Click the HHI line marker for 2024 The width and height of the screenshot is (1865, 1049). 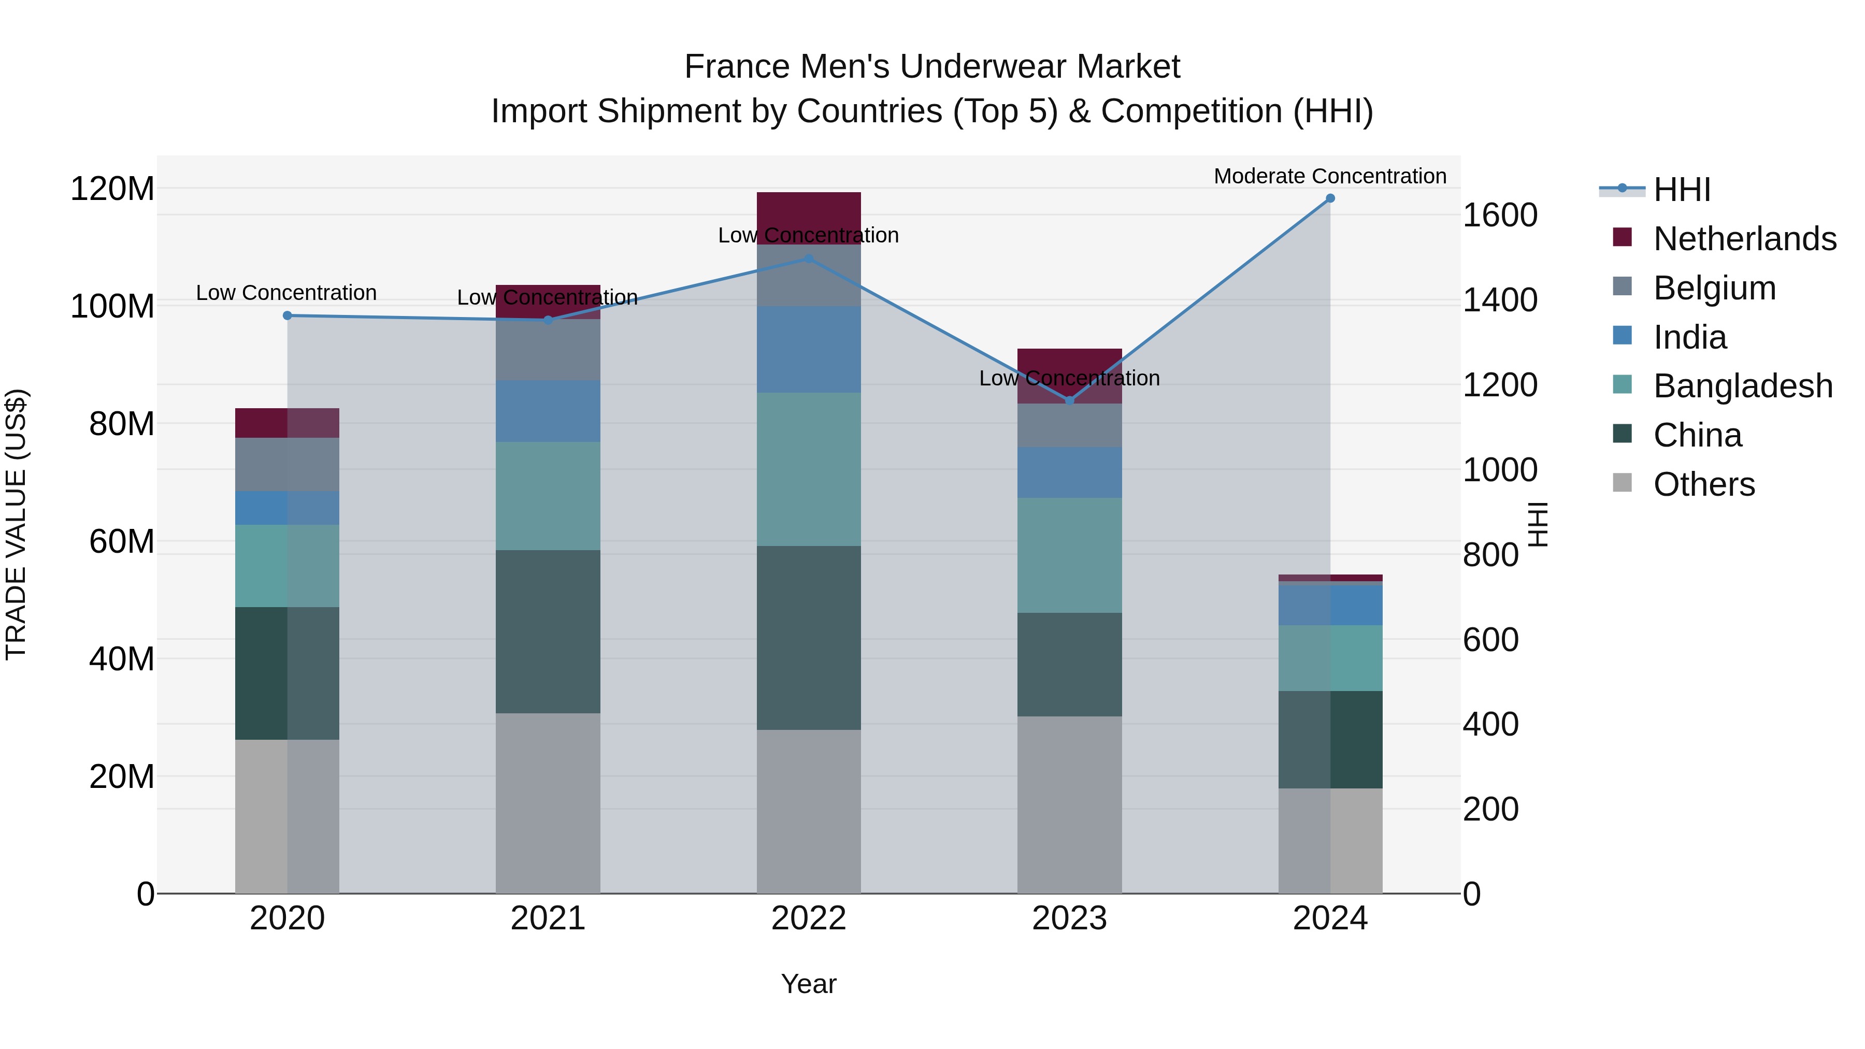(x=1330, y=198)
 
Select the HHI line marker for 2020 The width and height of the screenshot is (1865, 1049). (x=288, y=315)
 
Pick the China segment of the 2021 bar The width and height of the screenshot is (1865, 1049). (x=548, y=631)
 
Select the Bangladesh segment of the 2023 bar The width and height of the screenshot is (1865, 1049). (x=1069, y=555)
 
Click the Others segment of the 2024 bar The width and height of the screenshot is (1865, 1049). (x=1330, y=841)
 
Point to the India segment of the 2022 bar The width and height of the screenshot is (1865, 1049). (x=809, y=350)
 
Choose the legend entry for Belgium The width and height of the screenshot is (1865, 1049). (x=1714, y=288)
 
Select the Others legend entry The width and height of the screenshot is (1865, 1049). (x=1703, y=484)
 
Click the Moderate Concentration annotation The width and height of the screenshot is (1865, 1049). (x=1330, y=176)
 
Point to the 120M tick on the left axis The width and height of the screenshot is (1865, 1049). (x=112, y=189)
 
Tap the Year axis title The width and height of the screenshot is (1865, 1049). (x=809, y=984)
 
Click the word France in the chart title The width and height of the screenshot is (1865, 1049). (x=738, y=67)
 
